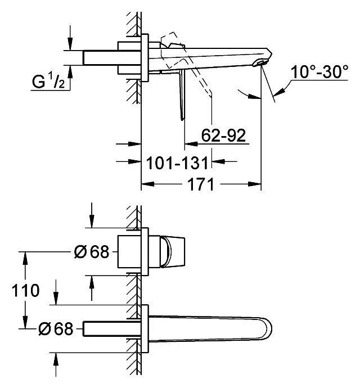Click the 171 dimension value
point(201,184)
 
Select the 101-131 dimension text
point(177,163)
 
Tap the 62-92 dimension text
point(223,135)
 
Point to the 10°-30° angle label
point(319,72)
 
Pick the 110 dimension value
point(25,290)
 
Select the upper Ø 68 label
point(92,252)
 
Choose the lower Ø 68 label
point(56,329)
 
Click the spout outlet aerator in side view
point(259,63)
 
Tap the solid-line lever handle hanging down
point(182,95)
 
